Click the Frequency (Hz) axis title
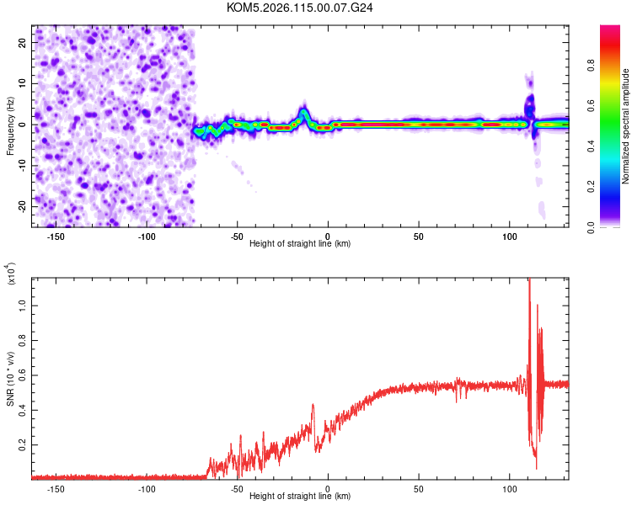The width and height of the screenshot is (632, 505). [x=9, y=125]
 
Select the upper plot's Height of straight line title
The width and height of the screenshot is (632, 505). [x=300, y=243]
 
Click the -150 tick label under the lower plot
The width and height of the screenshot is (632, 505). [x=56, y=488]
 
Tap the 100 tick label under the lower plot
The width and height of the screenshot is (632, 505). [x=509, y=488]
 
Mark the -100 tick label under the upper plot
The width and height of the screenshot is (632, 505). [x=147, y=236]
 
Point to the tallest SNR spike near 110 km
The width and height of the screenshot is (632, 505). [x=529, y=280]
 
